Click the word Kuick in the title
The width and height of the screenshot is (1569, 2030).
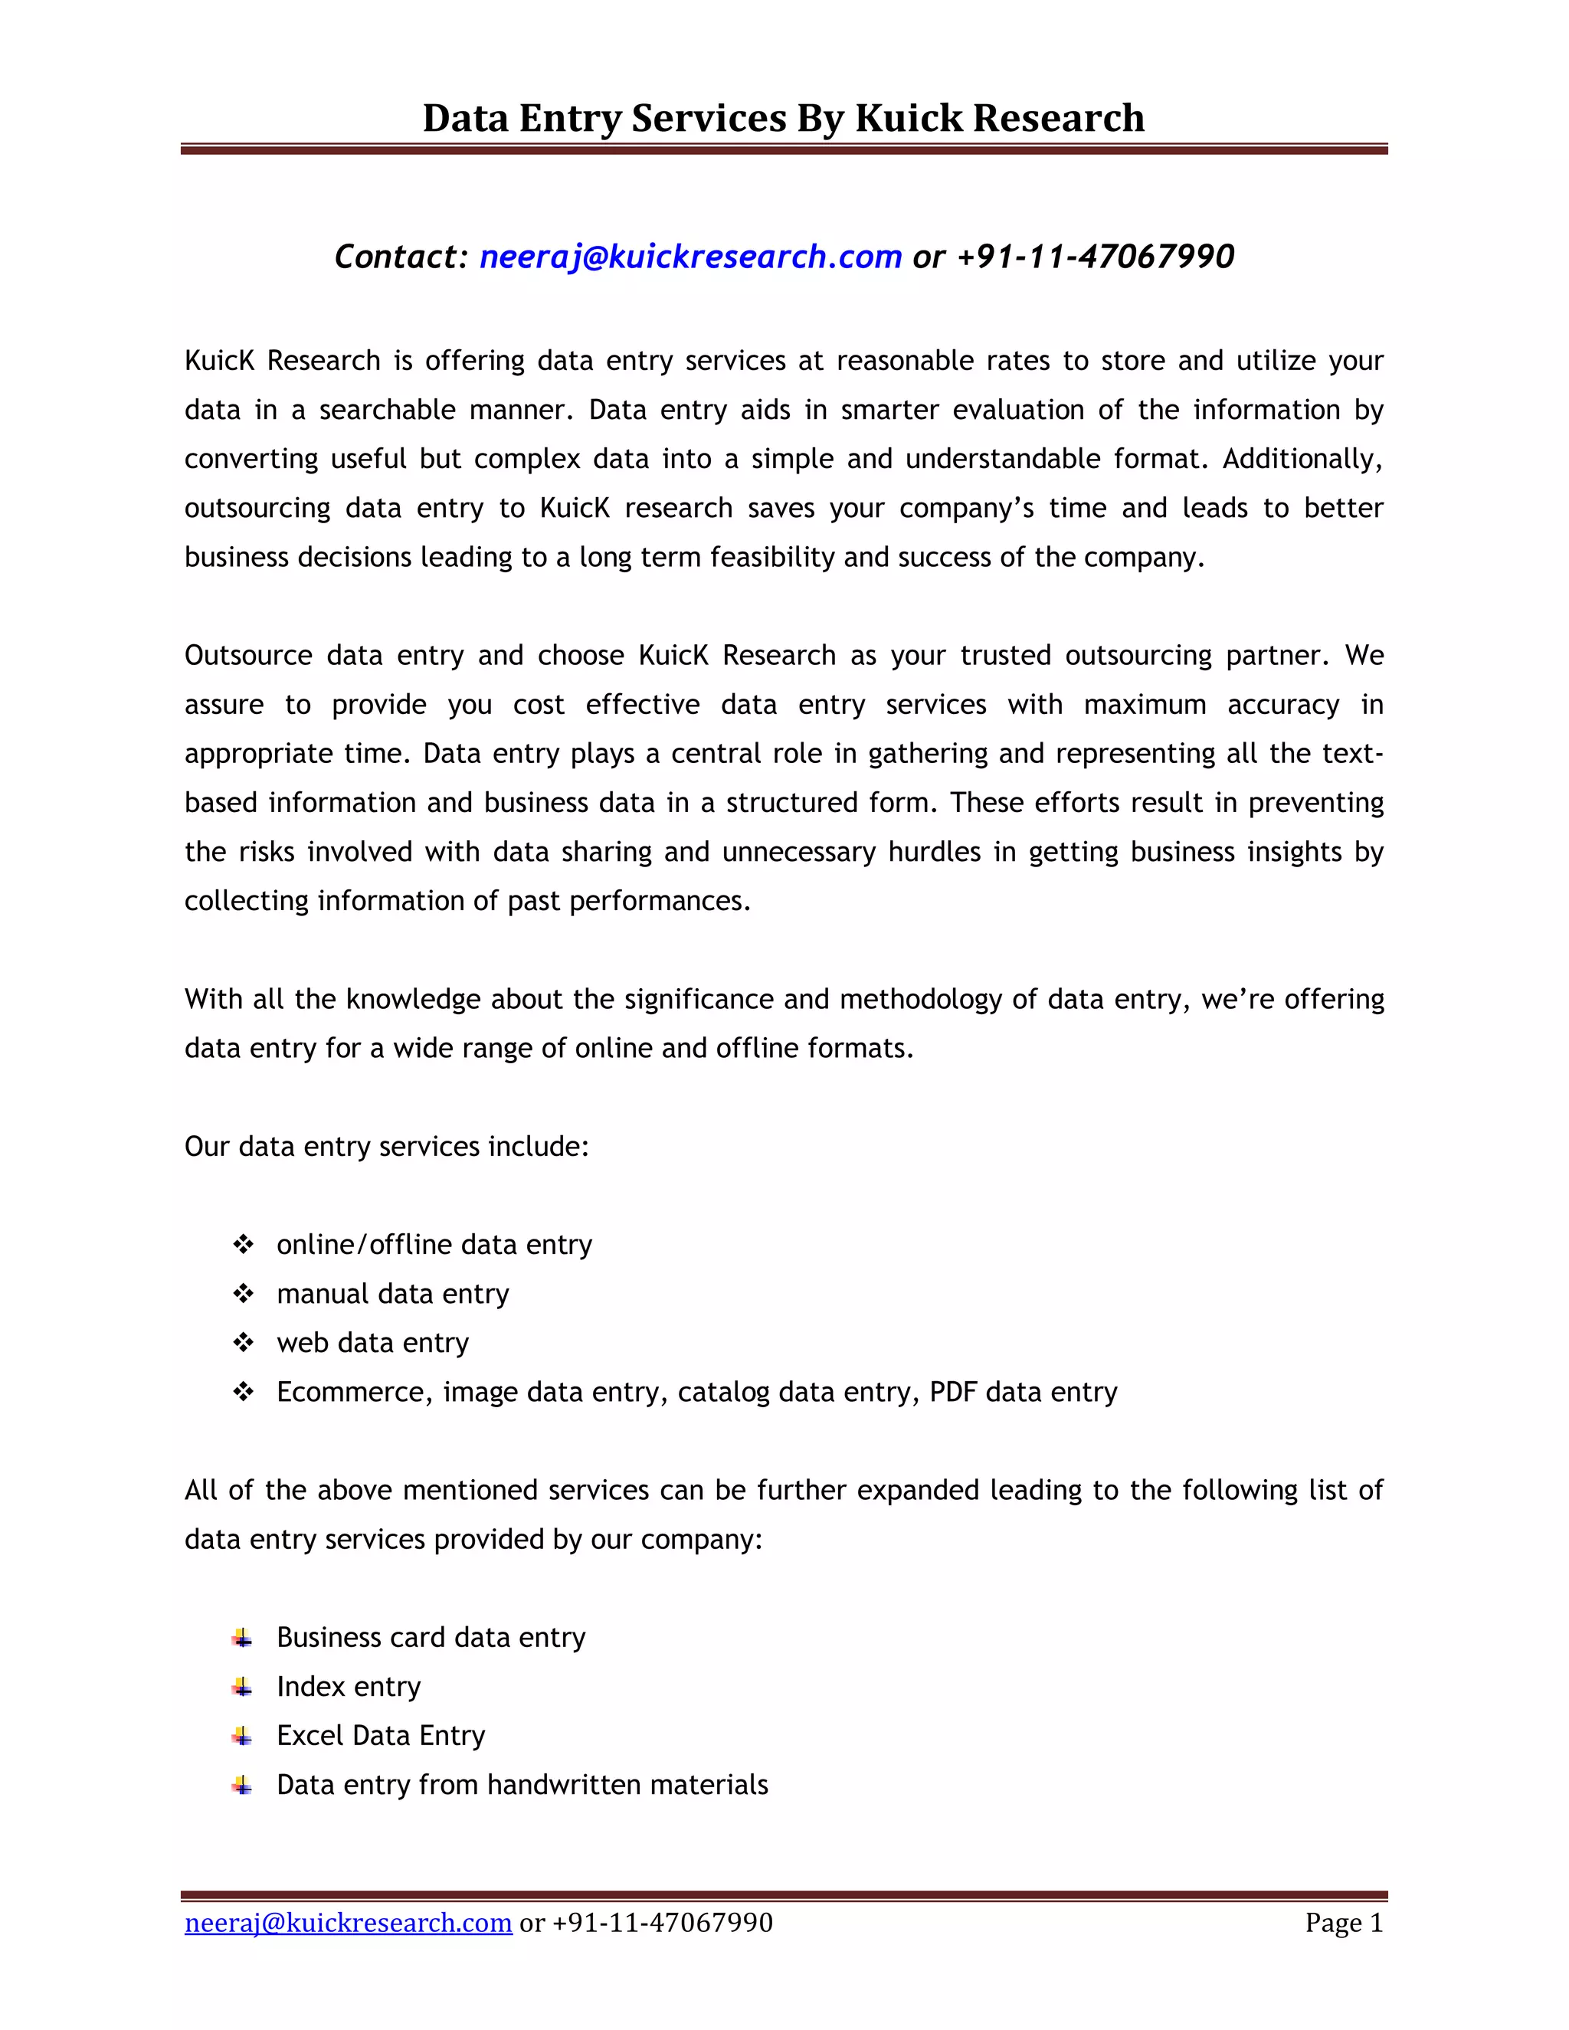908,118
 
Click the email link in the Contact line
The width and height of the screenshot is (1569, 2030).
690,257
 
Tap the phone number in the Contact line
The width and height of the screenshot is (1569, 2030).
1095,257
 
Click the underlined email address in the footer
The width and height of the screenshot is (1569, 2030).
349,1922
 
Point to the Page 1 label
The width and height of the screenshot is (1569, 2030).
1343,1922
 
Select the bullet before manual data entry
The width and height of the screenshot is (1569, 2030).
244,1293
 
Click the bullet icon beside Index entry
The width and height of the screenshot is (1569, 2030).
243,1686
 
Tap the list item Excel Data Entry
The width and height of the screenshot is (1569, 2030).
380,1735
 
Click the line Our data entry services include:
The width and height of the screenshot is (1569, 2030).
387,1146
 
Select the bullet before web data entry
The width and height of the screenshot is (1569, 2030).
244,1342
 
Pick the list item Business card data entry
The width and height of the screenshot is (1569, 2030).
431,1637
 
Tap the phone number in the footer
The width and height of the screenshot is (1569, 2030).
662,1922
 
